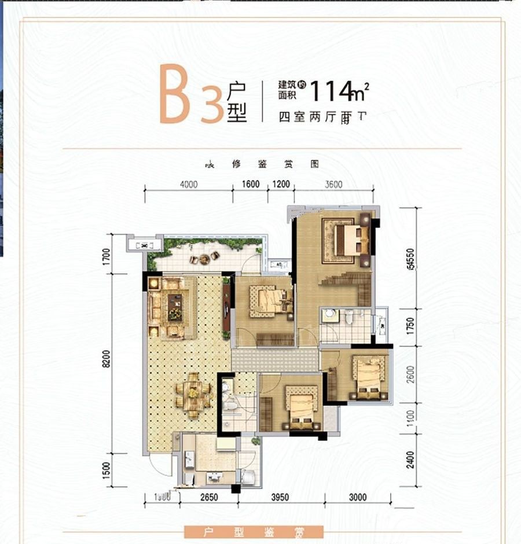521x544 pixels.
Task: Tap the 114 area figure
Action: pyautogui.click(x=332, y=91)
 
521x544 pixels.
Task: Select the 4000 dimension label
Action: pyautogui.click(x=189, y=185)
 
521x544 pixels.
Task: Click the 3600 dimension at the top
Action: pyautogui.click(x=333, y=185)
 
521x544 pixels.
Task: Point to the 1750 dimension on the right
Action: pyautogui.click(x=410, y=326)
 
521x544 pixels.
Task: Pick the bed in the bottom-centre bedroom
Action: pyautogui.click(x=300, y=408)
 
